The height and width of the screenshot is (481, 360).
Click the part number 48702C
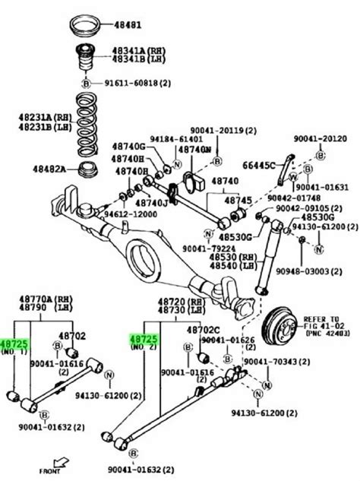coord(203,329)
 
